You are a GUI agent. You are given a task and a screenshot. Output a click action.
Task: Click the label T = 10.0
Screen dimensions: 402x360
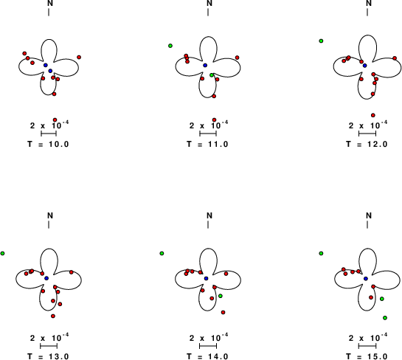point(48,144)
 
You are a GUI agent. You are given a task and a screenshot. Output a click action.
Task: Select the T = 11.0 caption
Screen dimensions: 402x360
point(207,144)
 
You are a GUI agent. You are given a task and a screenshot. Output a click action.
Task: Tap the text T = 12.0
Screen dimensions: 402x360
point(367,144)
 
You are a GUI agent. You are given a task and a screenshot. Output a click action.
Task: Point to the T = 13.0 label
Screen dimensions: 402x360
point(48,356)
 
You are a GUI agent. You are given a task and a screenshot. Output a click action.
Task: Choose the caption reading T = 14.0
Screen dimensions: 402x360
point(207,356)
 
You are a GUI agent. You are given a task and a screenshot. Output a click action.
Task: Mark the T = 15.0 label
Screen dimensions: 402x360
point(367,356)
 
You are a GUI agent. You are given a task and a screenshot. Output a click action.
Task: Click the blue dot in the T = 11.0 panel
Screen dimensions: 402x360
point(205,66)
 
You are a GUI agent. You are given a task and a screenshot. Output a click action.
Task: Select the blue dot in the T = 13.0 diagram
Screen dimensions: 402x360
point(46,278)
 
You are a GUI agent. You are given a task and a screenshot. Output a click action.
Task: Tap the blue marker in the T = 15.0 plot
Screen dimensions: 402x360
point(366,278)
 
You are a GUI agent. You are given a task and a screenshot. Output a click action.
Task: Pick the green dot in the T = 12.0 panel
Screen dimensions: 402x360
point(321,41)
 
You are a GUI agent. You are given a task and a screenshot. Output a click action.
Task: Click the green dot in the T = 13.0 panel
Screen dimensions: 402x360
point(2,253)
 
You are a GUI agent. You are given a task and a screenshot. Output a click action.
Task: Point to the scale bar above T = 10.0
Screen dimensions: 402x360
point(49,134)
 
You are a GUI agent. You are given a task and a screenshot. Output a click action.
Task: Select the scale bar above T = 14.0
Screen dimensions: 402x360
point(208,346)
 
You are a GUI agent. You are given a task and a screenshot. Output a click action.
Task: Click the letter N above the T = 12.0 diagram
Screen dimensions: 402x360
point(369,3)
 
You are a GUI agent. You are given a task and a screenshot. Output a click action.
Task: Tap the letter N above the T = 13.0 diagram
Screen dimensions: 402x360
point(50,215)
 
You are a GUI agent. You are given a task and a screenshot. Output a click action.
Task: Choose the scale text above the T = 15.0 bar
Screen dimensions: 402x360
point(368,338)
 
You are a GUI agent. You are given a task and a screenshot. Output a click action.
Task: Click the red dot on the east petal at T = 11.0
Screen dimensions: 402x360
point(238,58)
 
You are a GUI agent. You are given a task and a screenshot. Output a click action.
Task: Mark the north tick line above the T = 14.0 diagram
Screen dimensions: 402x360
point(208,224)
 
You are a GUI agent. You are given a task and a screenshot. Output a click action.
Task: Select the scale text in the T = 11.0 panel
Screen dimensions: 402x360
point(209,125)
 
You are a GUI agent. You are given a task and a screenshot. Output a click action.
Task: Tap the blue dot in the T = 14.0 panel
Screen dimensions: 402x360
point(206,278)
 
